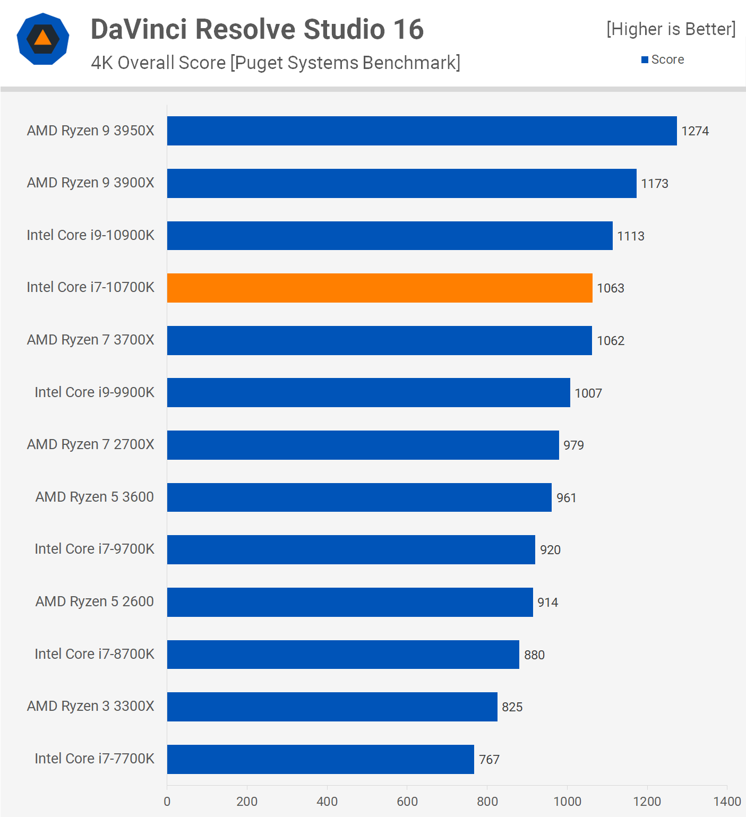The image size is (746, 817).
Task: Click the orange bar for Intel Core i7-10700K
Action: click(x=380, y=288)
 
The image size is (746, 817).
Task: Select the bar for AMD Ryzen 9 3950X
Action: click(x=422, y=131)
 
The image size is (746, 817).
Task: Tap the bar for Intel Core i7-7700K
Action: click(x=320, y=759)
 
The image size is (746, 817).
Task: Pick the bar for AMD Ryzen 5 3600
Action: click(x=359, y=497)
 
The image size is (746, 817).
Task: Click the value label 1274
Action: click(x=695, y=131)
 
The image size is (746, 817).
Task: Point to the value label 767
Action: click(x=489, y=760)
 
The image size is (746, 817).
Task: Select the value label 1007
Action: click(x=588, y=393)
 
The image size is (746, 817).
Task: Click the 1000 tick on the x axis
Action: click(x=567, y=801)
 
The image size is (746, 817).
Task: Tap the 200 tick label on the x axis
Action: click(x=247, y=801)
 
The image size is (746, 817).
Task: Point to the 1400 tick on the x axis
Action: click(x=727, y=801)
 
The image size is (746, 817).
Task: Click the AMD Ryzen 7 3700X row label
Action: click(x=91, y=340)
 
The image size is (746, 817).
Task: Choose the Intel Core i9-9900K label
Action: click(x=95, y=392)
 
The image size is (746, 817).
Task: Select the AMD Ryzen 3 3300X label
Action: click(x=91, y=706)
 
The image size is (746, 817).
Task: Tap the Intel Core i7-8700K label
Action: click(x=95, y=654)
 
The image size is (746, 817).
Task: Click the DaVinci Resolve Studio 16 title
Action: click(x=257, y=29)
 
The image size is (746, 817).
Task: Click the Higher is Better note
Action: click(x=671, y=29)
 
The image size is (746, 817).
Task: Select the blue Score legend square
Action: click(x=645, y=60)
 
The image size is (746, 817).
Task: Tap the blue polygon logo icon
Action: click(x=43, y=39)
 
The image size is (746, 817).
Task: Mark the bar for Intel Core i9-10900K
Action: click(x=390, y=236)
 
